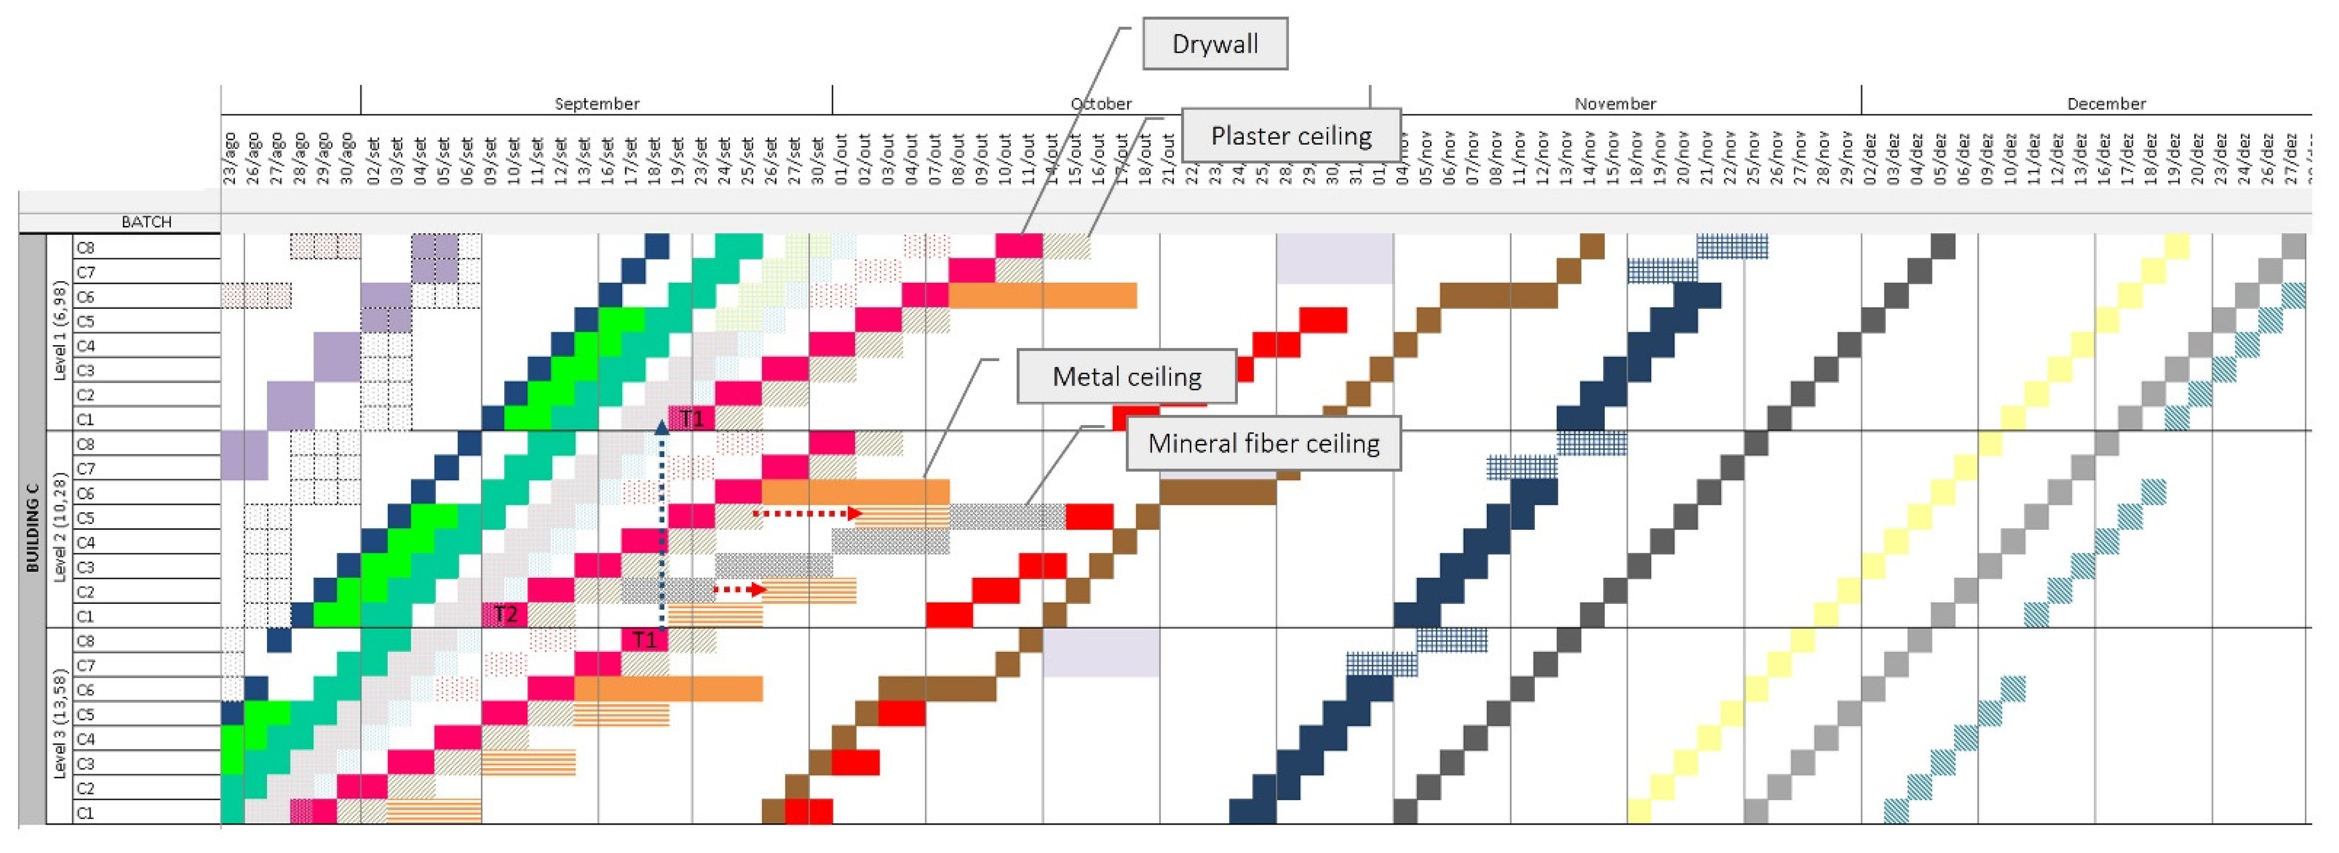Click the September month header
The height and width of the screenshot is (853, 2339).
coord(596,103)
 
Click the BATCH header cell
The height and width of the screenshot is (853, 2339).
coord(146,221)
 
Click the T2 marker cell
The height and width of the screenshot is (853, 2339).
coord(505,615)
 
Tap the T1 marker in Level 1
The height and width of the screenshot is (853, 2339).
coord(692,418)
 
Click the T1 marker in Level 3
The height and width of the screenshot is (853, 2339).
coord(644,640)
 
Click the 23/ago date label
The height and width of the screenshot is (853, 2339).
coord(231,159)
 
